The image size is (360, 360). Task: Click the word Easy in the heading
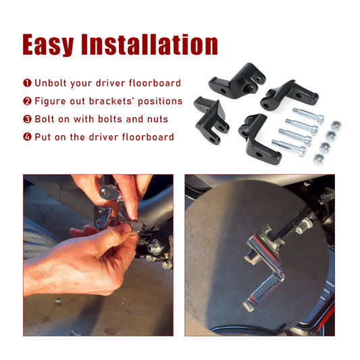click(48, 45)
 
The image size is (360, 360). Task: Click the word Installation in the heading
click(150, 44)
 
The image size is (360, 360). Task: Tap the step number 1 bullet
click(27, 83)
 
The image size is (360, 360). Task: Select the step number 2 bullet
click(27, 101)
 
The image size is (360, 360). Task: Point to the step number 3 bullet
click(27, 119)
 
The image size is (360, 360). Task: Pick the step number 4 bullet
click(27, 137)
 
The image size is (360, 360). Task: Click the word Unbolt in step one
click(51, 83)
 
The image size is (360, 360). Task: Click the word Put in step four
click(43, 137)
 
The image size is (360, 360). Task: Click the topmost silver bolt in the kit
click(308, 115)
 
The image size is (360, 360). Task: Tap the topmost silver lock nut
click(336, 126)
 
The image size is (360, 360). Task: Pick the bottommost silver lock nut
click(319, 159)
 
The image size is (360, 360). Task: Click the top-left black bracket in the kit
click(236, 81)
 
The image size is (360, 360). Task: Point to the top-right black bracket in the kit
click(288, 95)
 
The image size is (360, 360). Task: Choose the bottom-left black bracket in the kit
click(211, 120)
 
